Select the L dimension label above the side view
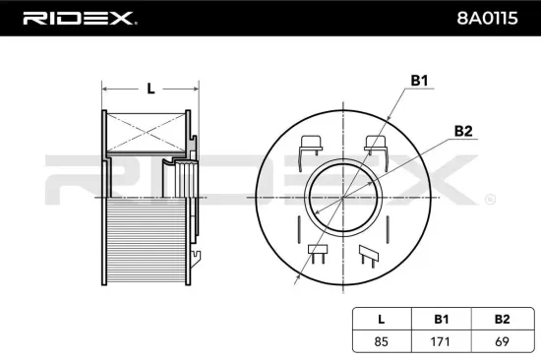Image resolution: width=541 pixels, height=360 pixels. pyautogui.click(x=150, y=89)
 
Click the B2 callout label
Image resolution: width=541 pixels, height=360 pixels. pyautogui.click(x=464, y=130)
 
